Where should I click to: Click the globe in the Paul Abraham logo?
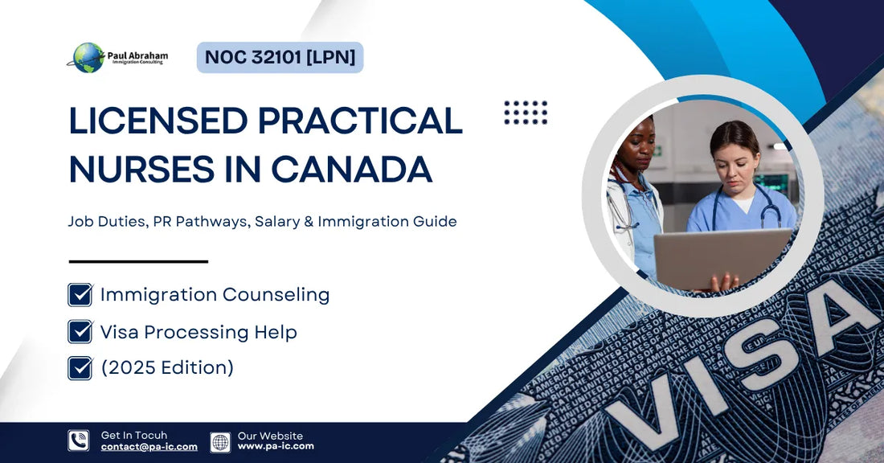click(x=88, y=58)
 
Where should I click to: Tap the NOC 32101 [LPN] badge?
click(x=280, y=58)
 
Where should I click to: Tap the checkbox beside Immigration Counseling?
click(x=80, y=294)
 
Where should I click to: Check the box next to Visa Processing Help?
click(x=80, y=331)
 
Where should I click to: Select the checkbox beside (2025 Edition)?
click(x=80, y=367)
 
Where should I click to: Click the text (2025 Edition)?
click(x=167, y=367)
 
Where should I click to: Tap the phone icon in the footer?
click(x=79, y=440)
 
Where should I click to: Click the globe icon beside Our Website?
click(x=220, y=441)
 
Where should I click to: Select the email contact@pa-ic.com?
click(x=149, y=447)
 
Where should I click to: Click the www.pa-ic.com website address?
click(x=276, y=446)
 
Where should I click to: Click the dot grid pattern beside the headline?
click(x=526, y=113)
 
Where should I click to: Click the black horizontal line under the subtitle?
click(x=138, y=261)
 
